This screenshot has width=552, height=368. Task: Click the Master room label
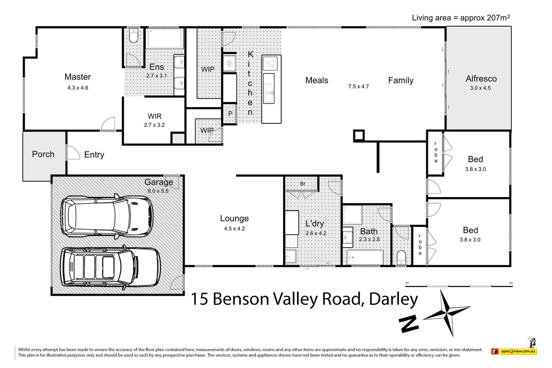78,77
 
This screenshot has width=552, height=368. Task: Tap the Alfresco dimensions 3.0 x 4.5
480,88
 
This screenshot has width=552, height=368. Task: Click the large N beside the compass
409,323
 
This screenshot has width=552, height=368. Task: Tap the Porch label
43,154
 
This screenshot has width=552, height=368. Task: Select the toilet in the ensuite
134,36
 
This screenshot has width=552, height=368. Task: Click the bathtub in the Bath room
365,257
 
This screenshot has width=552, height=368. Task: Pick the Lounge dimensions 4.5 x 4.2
234,229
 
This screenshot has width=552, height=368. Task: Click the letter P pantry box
230,113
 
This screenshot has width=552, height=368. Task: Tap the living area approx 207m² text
461,18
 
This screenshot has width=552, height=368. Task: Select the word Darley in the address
393,299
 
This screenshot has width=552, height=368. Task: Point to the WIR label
155,116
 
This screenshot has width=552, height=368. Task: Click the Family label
401,80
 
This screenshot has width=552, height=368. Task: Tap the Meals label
317,80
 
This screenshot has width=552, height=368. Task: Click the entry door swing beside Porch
73,152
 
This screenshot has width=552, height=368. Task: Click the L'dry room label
315,224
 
